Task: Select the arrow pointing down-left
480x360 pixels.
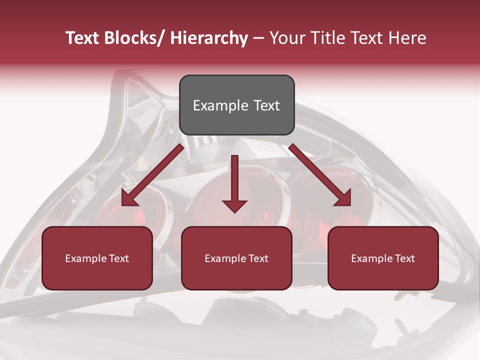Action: point(152,175)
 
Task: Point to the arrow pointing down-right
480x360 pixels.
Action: point(320,175)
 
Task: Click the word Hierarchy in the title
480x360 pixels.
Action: point(209,38)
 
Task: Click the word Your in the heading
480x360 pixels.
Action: point(287,38)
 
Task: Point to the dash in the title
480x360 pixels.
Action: point(258,38)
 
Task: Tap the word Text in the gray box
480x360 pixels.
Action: point(265,106)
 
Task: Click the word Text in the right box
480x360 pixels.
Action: point(404,258)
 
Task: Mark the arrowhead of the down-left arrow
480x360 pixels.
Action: point(129,199)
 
